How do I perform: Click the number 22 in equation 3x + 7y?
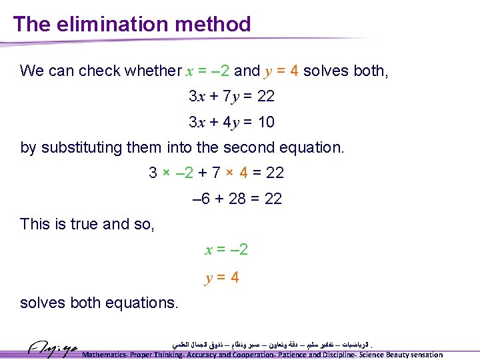(265, 97)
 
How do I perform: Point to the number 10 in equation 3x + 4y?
(265, 123)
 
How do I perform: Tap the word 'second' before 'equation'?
(262, 147)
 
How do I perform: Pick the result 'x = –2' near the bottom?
(226, 250)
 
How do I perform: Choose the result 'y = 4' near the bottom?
(222, 277)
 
